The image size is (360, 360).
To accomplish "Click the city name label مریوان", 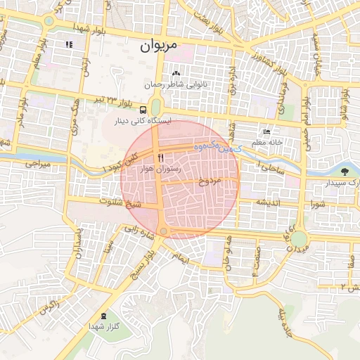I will click(x=155, y=46).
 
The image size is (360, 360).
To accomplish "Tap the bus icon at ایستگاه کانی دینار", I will click(x=143, y=110).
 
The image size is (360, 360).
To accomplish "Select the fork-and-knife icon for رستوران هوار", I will click(x=161, y=157).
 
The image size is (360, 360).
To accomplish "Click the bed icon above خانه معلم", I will click(x=265, y=131).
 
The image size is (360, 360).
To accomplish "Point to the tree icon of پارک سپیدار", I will click(x=344, y=171).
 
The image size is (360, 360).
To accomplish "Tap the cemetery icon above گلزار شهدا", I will click(x=104, y=316).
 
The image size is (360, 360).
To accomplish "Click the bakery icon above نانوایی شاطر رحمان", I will click(x=176, y=74).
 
